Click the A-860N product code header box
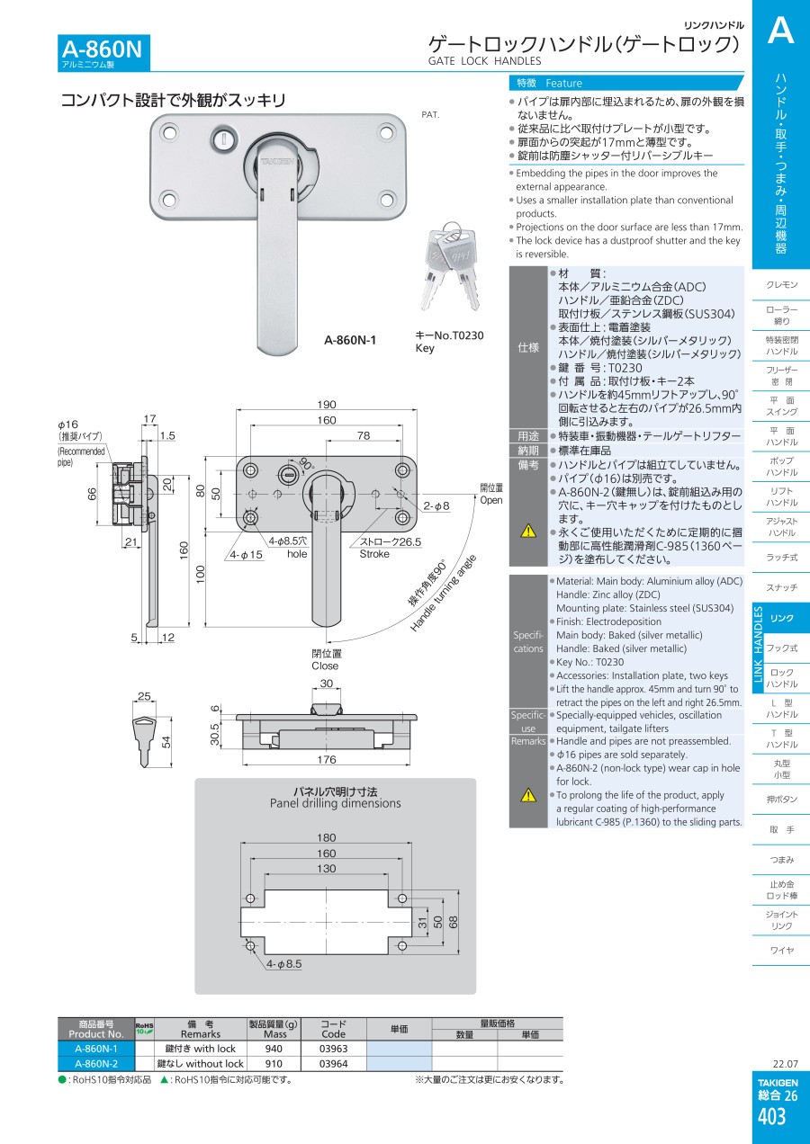(x=102, y=52)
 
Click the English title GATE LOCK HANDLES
(x=484, y=61)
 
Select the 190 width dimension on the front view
(x=327, y=405)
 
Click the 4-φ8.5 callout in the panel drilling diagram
(x=284, y=963)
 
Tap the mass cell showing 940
(x=274, y=1049)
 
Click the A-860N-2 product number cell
(x=95, y=1064)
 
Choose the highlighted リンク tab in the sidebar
(x=782, y=618)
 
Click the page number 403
(x=772, y=1117)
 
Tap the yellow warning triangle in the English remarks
(x=528, y=794)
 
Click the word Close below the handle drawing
(x=325, y=666)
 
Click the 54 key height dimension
(x=166, y=741)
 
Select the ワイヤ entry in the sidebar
(x=781, y=951)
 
